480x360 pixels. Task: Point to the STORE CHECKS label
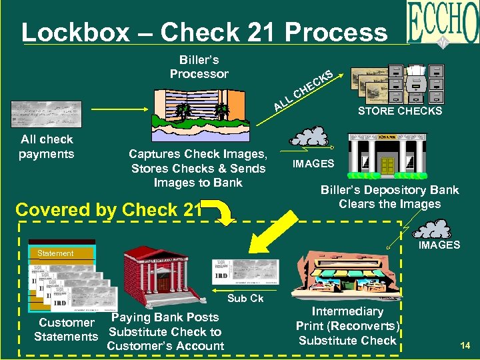coord(399,111)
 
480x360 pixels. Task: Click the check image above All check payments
coord(46,114)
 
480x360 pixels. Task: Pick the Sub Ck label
coord(245,298)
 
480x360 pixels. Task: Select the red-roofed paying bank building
coord(159,269)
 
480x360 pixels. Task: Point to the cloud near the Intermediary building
coord(435,229)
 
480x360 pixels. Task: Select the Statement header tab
coord(56,253)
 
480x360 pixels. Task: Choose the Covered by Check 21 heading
coord(108,209)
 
